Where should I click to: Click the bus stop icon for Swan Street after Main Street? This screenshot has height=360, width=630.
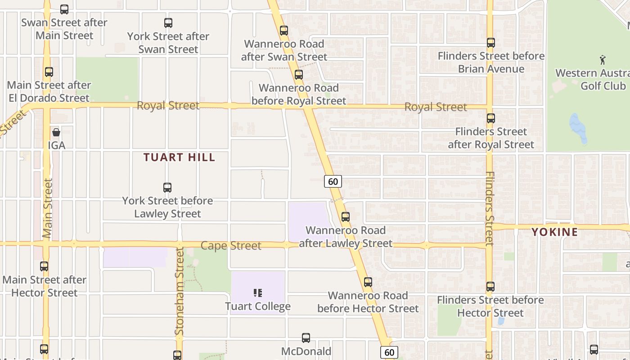click(64, 9)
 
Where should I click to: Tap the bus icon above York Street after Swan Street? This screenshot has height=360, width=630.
click(168, 22)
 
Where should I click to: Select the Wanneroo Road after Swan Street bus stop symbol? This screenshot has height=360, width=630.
click(284, 31)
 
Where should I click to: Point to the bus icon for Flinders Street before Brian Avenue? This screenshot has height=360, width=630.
click(491, 43)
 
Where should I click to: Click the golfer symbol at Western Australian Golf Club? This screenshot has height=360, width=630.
click(603, 59)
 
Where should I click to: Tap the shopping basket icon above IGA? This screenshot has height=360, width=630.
click(56, 132)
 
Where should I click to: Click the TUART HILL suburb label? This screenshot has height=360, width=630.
click(180, 157)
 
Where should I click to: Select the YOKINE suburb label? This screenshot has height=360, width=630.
click(555, 232)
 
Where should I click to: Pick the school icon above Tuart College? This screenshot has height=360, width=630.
click(258, 293)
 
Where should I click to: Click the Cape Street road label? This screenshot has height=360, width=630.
click(231, 246)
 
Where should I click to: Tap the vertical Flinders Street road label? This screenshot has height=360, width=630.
click(490, 208)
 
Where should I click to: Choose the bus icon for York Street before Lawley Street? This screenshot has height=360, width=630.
click(167, 187)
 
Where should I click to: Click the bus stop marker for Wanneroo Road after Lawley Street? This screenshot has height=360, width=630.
click(346, 217)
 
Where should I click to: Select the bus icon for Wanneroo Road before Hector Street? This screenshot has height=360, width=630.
click(368, 282)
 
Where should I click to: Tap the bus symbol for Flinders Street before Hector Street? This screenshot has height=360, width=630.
click(490, 287)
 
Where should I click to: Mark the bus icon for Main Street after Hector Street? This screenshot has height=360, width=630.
click(44, 266)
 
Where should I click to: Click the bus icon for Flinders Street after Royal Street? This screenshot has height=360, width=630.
click(491, 118)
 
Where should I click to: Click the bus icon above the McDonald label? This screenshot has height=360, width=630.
click(306, 337)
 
